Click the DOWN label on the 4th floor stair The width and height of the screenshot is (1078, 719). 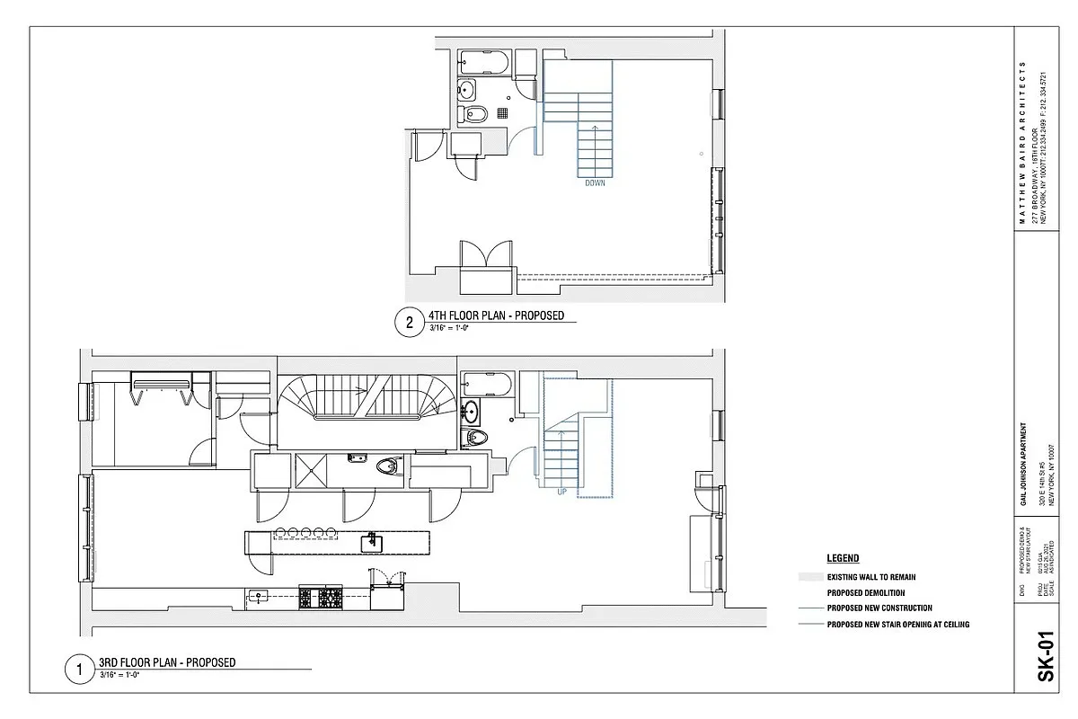[x=595, y=183]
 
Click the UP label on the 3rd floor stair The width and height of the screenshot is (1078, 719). [x=561, y=492]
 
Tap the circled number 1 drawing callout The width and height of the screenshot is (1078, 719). [x=80, y=669]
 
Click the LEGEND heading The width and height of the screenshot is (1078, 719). [x=843, y=558]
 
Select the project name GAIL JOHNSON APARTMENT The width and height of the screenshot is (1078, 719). [x=1024, y=466]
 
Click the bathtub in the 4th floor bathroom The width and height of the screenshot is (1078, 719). [x=484, y=64]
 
